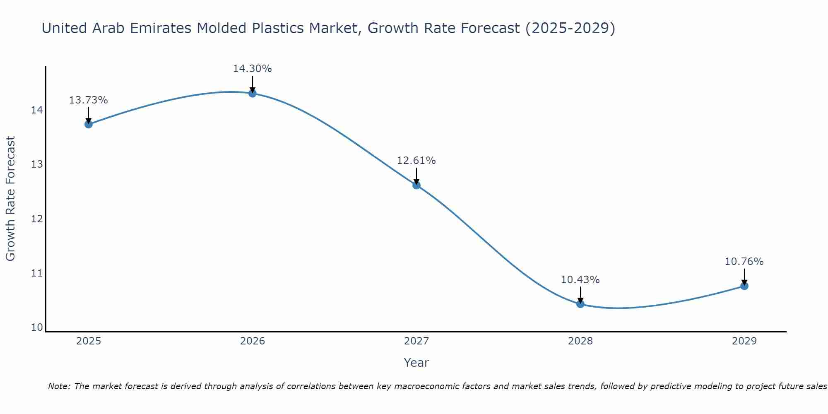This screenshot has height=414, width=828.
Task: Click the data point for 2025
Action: pyautogui.click(x=89, y=124)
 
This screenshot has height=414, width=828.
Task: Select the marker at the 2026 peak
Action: pyautogui.click(x=253, y=93)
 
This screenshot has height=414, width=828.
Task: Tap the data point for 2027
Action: pyautogui.click(x=416, y=185)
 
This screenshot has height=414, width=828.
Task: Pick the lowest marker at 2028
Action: pyautogui.click(x=580, y=304)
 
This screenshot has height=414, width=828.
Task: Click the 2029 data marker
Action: pyautogui.click(x=744, y=286)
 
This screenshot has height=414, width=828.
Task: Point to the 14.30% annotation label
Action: pyautogui.click(x=252, y=69)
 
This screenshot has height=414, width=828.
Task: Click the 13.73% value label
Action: pyautogui.click(x=88, y=100)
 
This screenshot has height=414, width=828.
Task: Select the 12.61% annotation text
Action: pyautogui.click(x=416, y=161)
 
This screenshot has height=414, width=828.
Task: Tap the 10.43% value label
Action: pyautogui.click(x=580, y=280)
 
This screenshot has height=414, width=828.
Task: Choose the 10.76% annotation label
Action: pyautogui.click(x=744, y=262)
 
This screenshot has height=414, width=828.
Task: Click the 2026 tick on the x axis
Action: pyautogui.click(x=253, y=341)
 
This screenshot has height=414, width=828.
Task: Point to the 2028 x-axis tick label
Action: pyautogui.click(x=580, y=341)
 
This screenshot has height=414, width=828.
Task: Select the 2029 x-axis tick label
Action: pyautogui.click(x=744, y=341)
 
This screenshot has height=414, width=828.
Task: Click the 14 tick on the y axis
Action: pyautogui.click(x=37, y=110)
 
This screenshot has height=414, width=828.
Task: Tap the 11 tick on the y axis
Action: pyautogui.click(x=37, y=273)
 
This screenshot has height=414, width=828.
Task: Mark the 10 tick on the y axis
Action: pyautogui.click(x=37, y=327)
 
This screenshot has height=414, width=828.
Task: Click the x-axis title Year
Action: pyautogui.click(x=416, y=363)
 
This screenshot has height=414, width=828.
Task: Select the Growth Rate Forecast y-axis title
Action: pyautogui.click(x=11, y=199)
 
